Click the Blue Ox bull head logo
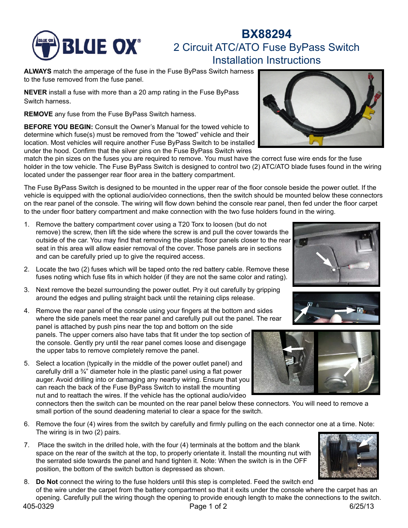click(x=46, y=45)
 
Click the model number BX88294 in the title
click(x=266, y=34)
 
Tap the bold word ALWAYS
click(x=38, y=71)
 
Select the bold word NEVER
click(x=35, y=92)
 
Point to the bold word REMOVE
click(x=38, y=114)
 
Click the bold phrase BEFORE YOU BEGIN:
click(x=58, y=127)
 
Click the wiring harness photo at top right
click(x=321, y=109)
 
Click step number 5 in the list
click(x=27, y=363)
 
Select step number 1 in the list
click(x=27, y=224)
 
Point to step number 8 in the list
click(x=27, y=482)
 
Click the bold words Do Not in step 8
click(x=47, y=482)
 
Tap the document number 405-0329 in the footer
click(x=38, y=507)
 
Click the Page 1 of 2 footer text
click(x=208, y=507)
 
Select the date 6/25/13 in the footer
click(x=361, y=507)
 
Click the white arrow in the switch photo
click(x=366, y=442)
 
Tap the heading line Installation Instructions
click(x=266, y=60)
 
